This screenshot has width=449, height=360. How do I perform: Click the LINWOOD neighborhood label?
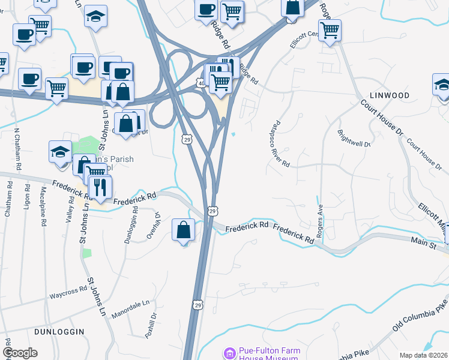tap(390, 95)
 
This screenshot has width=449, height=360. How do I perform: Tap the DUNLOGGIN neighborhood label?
tap(59, 331)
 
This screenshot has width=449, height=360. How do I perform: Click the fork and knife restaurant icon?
tap(100, 187)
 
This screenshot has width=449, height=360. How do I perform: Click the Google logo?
tap(20, 353)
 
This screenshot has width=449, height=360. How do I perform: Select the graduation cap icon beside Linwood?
tap(442, 85)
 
